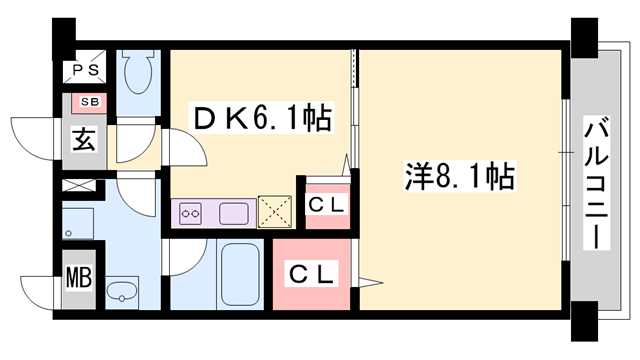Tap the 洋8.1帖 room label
(x=460, y=178)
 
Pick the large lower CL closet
(x=311, y=273)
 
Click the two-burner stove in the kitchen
(x=191, y=212)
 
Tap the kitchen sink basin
(x=235, y=212)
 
